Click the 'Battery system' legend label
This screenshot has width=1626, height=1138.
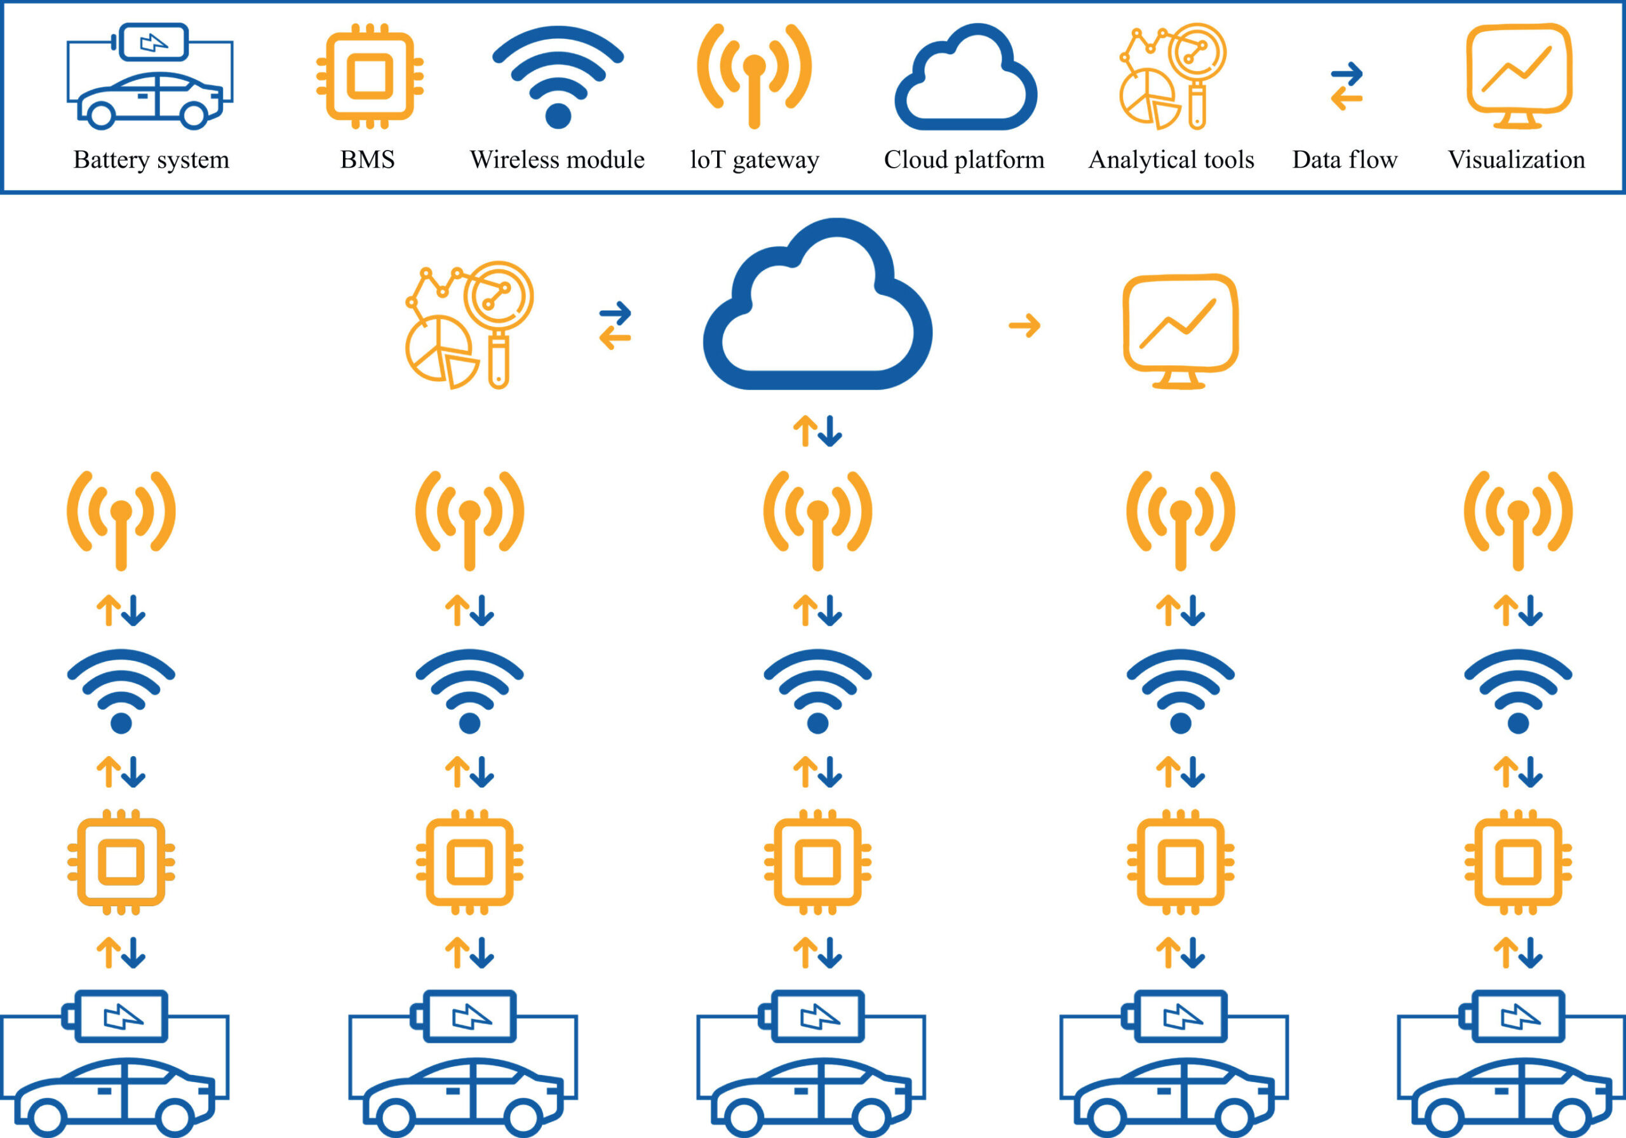click(152, 160)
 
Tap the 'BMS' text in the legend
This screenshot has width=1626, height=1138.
click(368, 160)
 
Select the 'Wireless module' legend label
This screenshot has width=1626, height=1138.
click(557, 160)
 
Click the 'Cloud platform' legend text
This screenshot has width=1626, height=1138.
click(964, 160)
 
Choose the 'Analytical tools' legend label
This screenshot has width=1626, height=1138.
click(1171, 160)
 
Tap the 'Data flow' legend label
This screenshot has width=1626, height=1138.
click(1345, 160)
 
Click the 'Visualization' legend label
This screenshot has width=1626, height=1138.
click(1516, 160)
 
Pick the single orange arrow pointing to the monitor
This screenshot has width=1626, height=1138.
click(1024, 326)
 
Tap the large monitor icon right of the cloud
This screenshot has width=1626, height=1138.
click(1181, 330)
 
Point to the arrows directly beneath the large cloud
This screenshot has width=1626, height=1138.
click(817, 431)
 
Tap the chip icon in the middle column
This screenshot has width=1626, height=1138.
click(818, 862)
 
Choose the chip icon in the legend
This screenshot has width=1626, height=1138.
click(370, 76)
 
